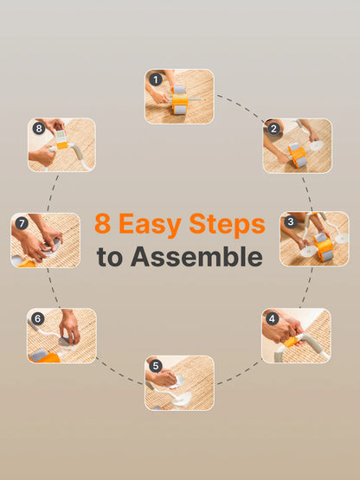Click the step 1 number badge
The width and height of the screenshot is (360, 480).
156,80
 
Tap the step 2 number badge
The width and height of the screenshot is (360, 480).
274,129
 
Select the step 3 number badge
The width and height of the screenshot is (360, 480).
291,222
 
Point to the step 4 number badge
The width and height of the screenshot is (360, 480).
273,318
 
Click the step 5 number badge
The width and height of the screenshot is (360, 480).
156,366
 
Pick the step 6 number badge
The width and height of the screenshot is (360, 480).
38,319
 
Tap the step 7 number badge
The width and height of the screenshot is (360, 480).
22,223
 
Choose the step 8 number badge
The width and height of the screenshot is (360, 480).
38,129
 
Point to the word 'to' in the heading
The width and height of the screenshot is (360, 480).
110,257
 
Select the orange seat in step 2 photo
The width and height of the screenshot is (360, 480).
297,156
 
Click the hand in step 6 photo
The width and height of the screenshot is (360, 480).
69,327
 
